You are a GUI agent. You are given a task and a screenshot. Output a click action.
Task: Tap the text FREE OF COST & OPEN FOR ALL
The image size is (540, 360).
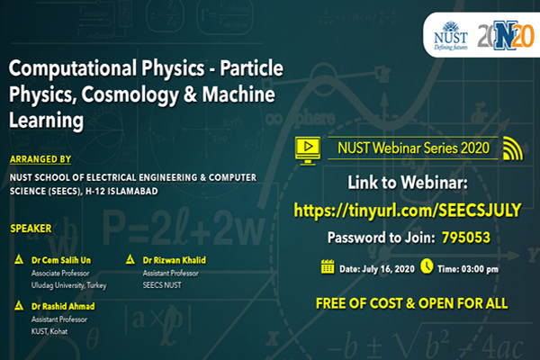coord(412,299)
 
